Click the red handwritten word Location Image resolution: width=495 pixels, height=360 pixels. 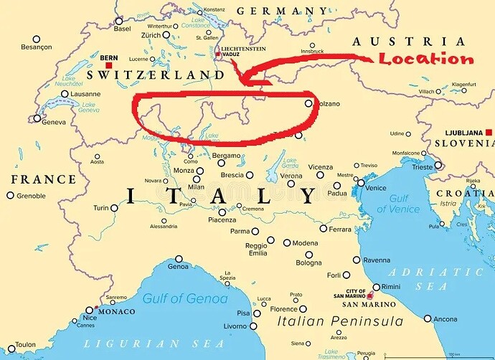[426, 60]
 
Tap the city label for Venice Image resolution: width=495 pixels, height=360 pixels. [376, 188]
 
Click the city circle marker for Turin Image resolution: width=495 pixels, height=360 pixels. [114, 208]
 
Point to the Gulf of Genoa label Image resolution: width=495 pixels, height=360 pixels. [184, 298]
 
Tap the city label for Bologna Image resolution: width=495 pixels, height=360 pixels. [308, 263]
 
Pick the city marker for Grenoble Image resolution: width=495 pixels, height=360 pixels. [10, 195]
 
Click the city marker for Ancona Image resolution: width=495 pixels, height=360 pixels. [427, 318]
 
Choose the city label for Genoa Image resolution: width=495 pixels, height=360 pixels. [178, 267]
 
